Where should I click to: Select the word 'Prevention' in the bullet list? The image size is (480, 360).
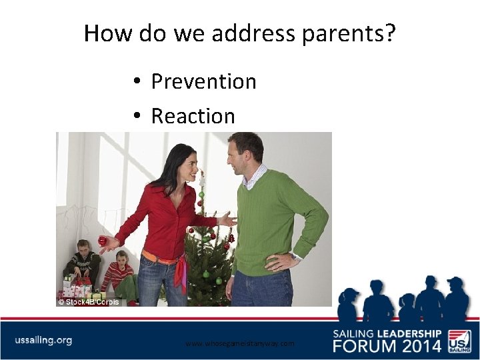pyautogui.click(x=203, y=81)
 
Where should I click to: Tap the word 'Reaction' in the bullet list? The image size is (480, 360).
pyautogui.click(x=193, y=116)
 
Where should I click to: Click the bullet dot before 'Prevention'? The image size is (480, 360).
pyautogui.click(x=135, y=81)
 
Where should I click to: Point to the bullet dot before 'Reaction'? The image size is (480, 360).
pyautogui.click(x=135, y=116)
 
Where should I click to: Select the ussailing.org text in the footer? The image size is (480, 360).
pyautogui.click(x=43, y=340)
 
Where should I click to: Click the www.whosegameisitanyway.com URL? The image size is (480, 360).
pyautogui.click(x=239, y=343)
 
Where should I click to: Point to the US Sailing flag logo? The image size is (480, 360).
pyautogui.click(x=459, y=340)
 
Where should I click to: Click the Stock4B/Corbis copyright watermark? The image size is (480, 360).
pyautogui.click(x=88, y=302)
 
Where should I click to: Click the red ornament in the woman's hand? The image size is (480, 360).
pyautogui.click(x=103, y=240)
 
